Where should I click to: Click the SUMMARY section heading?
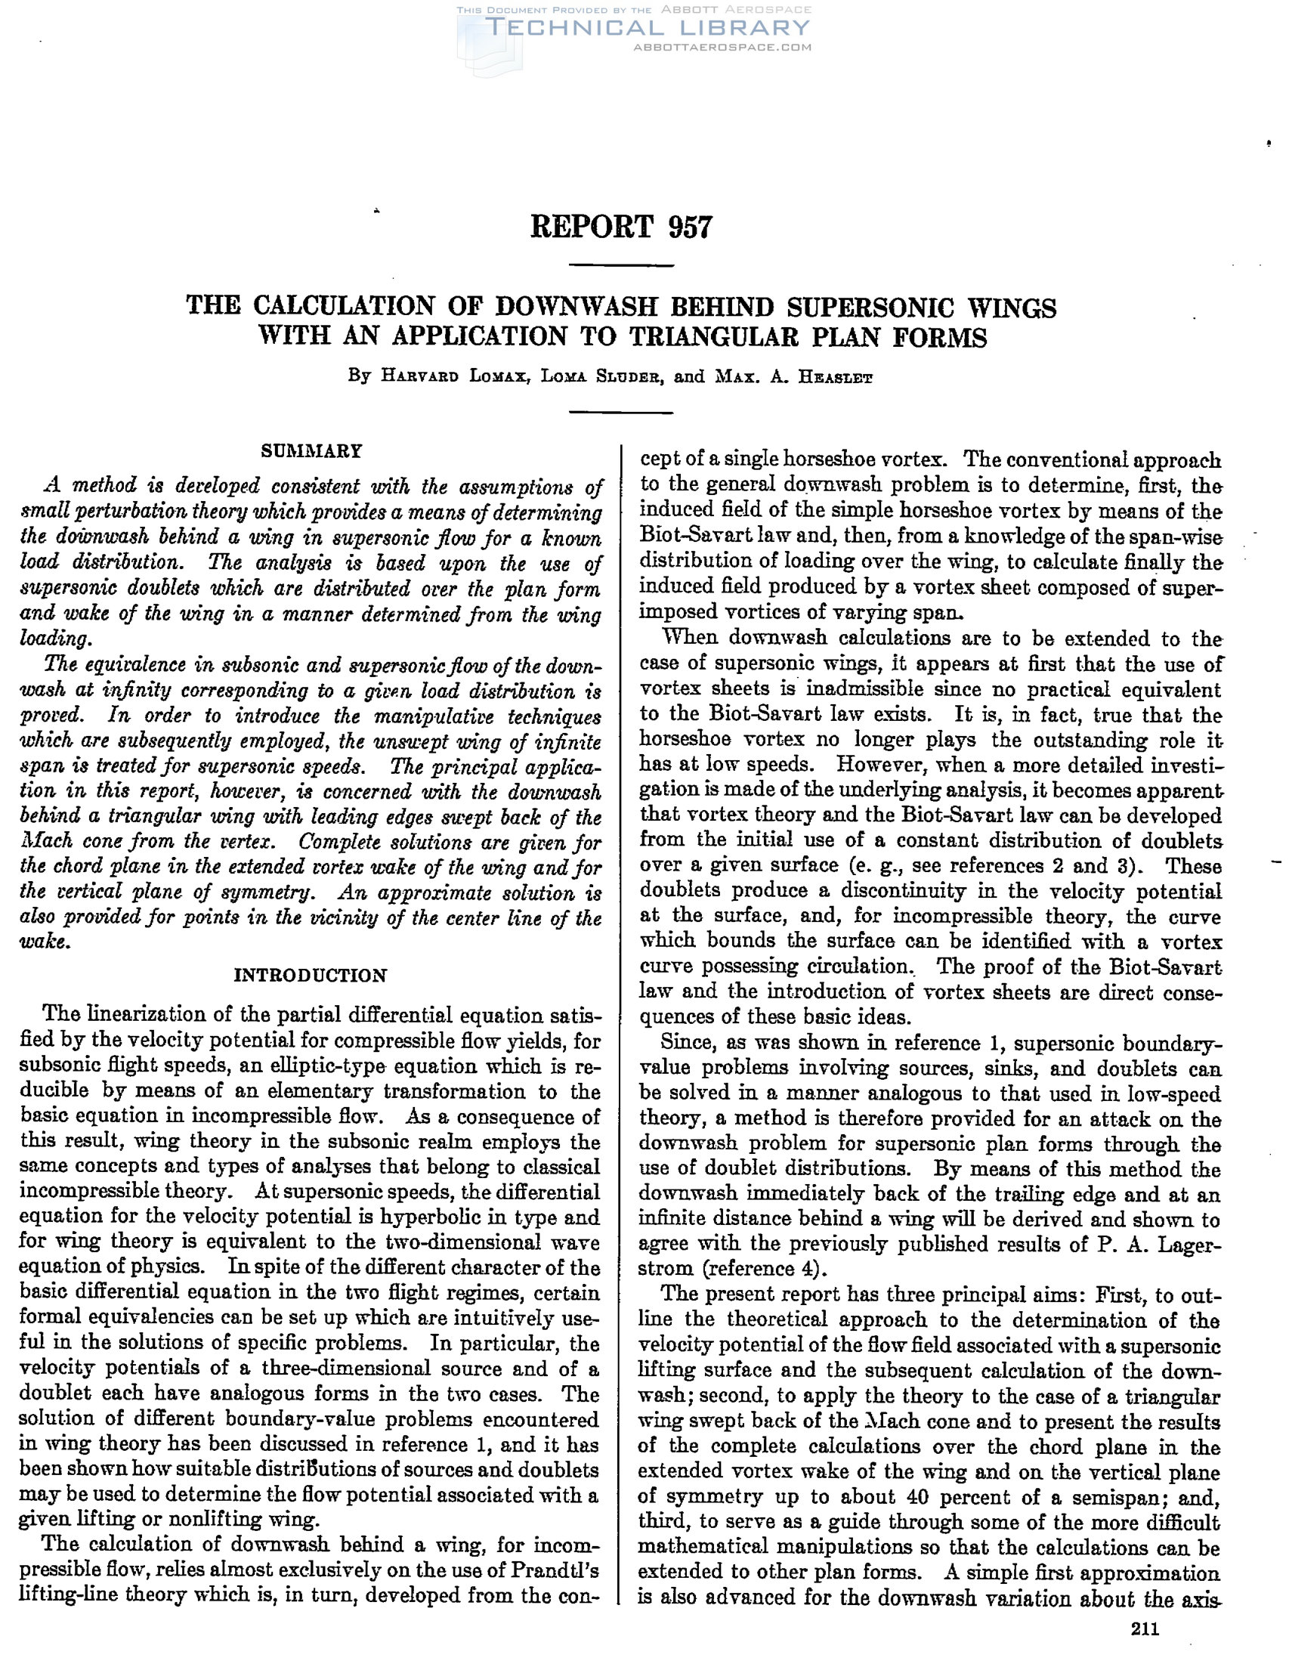point(311,451)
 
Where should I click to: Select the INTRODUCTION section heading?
point(311,975)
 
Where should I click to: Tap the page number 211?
point(1145,1629)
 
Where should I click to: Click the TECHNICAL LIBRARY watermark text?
point(648,28)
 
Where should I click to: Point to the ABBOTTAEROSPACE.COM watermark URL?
point(722,47)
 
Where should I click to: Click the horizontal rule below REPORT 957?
point(621,265)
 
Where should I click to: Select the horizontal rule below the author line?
point(621,413)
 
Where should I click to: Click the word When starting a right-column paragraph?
point(689,638)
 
